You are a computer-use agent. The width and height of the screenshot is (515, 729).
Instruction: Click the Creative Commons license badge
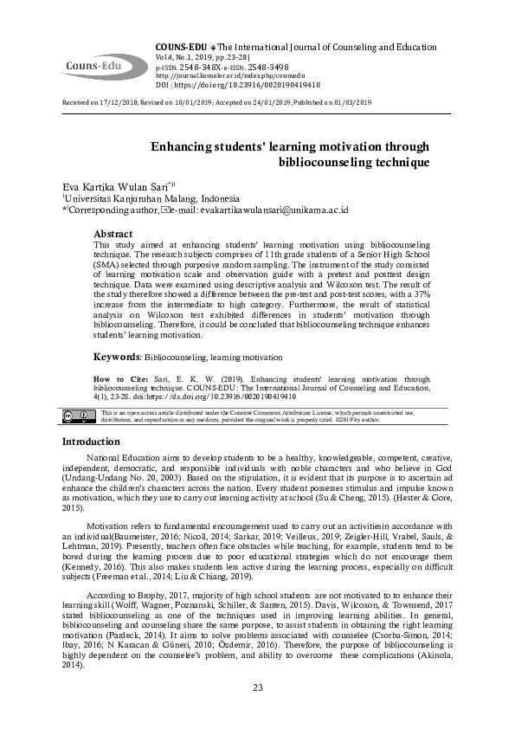coord(76,416)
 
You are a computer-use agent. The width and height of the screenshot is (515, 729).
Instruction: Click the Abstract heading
coord(113,234)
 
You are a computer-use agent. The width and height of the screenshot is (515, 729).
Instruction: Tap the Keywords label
coord(117,357)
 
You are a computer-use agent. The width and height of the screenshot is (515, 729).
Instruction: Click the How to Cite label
coord(115,379)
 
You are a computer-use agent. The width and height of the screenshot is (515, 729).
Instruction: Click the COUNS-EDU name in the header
coord(179,46)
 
